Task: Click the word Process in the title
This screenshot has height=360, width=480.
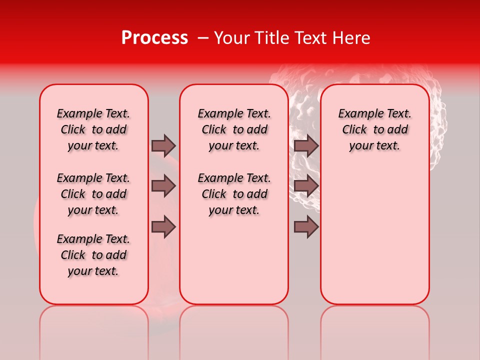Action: (x=154, y=38)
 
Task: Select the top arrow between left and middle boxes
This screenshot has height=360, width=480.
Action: (x=163, y=145)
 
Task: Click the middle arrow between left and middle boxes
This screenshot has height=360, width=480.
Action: (x=163, y=186)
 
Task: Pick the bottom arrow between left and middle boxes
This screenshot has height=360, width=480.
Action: (x=163, y=227)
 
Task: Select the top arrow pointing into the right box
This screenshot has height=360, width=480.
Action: (x=306, y=145)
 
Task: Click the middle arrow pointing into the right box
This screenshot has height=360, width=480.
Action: (x=306, y=186)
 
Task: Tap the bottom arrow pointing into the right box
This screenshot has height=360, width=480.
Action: (x=306, y=227)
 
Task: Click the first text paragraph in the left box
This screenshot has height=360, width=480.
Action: (x=93, y=129)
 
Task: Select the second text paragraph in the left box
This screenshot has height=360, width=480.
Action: (x=93, y=194)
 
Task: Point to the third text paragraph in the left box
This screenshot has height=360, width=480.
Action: (x=93, y=255)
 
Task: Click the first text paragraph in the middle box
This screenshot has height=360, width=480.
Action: (x=234, y=129)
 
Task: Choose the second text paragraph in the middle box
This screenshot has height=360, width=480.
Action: (x=234, y=194)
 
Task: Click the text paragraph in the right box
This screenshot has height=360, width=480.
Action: (x=375, y=129)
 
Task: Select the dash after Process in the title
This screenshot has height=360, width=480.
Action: (x=202, y=38)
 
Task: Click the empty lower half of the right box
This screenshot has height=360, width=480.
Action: (x=375, y=240)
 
